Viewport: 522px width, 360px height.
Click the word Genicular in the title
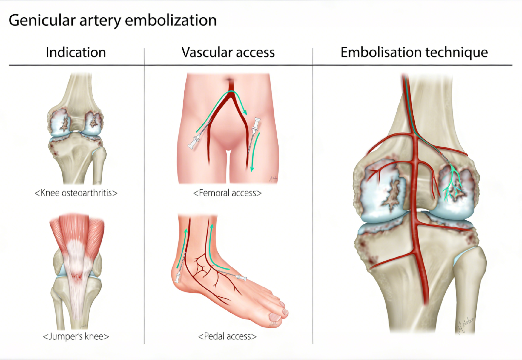(42, 20)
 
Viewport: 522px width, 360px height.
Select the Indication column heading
(76, 52)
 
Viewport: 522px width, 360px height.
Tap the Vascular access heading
(228, 52)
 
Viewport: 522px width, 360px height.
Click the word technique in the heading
(456, 53)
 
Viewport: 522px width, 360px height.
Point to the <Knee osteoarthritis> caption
(76, 193)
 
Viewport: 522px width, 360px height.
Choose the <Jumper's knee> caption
(76, 336)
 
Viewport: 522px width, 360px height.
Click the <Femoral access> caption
(227, 193)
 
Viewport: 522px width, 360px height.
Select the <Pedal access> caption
(227, 336)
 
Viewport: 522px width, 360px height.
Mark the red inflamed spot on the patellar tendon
(77, 276)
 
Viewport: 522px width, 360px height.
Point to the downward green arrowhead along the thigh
(252, 169)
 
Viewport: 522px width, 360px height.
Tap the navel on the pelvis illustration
(230, 80)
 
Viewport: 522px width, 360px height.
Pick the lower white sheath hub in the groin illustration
(194, 142)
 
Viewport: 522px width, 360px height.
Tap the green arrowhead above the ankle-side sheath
(186, 231)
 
